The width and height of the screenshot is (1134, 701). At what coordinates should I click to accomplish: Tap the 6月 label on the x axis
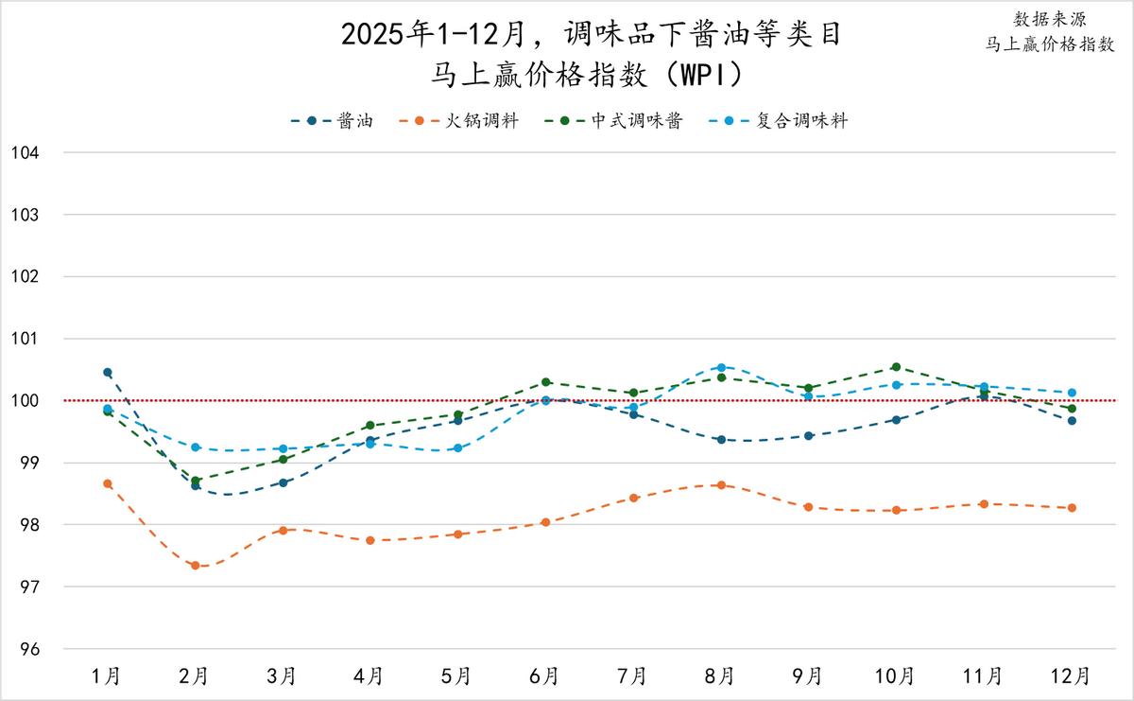(545, 676)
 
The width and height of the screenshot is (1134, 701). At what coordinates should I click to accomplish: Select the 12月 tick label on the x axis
(1072, 676)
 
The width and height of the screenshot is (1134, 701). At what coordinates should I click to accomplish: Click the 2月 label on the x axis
(195, 676)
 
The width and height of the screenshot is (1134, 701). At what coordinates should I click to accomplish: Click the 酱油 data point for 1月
(108, 373)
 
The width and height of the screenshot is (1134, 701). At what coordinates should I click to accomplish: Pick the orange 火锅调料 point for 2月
(196, 566)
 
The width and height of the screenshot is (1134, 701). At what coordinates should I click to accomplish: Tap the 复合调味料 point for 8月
(721, 367)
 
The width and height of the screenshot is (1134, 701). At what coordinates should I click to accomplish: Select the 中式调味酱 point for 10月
(896, 367)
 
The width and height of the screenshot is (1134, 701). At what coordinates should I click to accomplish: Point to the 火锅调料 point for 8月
(721, 485)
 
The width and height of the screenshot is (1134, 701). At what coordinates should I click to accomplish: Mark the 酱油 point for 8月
(721, 440)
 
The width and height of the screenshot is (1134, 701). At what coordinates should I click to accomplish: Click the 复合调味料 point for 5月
(458, 447)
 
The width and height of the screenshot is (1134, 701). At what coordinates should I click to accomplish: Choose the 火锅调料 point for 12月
(1072, 508)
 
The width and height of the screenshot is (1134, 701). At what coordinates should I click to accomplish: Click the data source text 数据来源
(1050, 20)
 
